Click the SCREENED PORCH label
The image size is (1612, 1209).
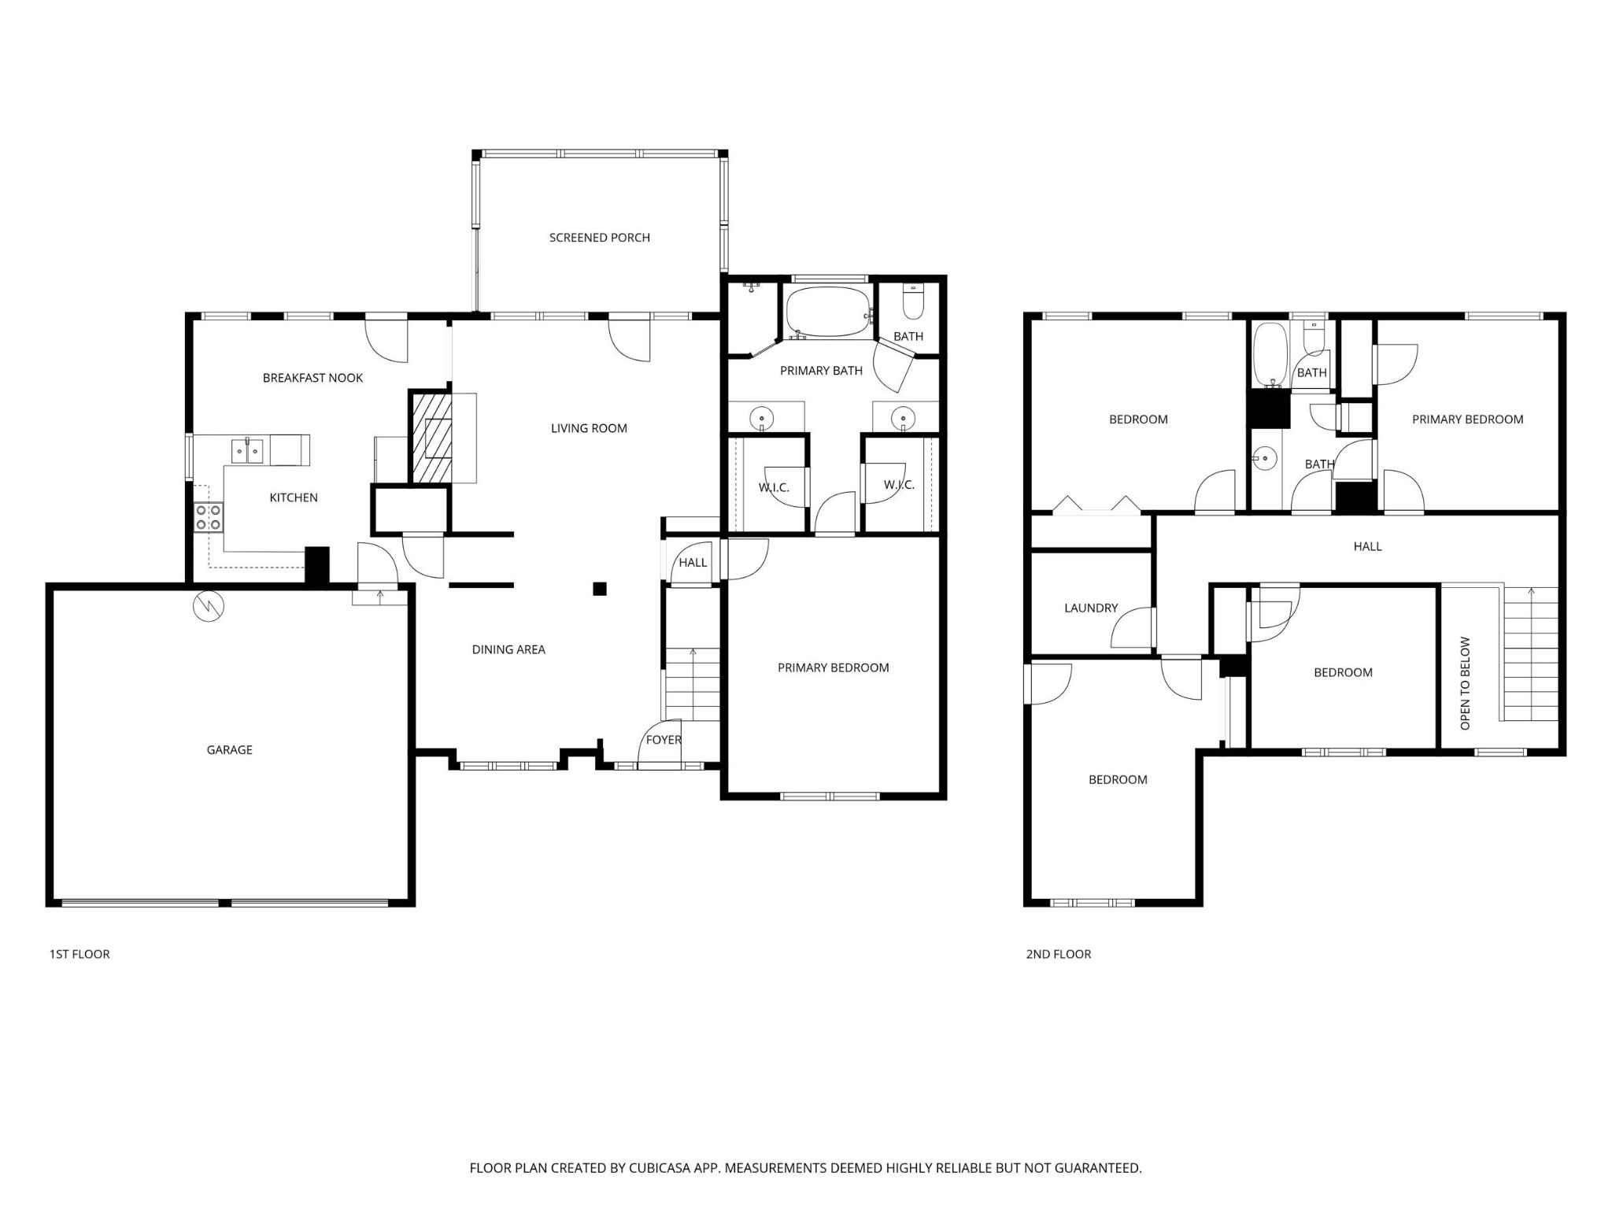click(599, 238)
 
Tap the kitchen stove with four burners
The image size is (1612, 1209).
click(209, 517)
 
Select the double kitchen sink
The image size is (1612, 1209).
click(247, 451)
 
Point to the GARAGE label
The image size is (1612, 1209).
click(229, 750)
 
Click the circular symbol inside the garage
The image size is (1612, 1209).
click(209, 605)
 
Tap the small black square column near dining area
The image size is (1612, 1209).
click(600, 588)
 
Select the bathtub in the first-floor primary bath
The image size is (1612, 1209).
click(828, 312)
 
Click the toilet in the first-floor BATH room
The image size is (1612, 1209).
click(912, 302)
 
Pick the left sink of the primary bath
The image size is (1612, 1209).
click(761, 417)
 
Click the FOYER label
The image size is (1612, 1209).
click(664, 740)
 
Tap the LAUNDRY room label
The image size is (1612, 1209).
click(1090, 608)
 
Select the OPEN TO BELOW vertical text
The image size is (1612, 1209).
click(1465, 682)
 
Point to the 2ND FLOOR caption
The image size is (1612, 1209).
click(1058, 954)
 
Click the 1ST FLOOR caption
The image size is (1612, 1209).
click(79, 954)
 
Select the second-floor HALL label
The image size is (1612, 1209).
click(1367, 546)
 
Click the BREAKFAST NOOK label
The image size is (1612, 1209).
click(312, 378)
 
